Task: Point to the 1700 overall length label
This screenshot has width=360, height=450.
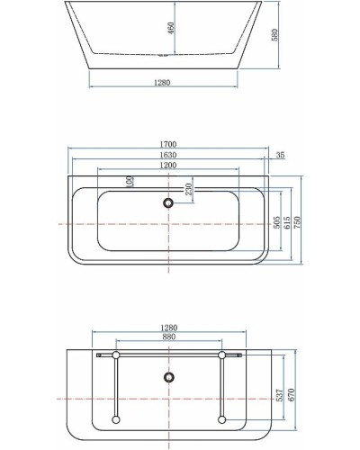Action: (x=168, y=144)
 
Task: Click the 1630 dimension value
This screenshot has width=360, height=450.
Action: (x=168, y=154)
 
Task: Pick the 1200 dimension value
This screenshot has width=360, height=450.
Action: (x=168, y=165)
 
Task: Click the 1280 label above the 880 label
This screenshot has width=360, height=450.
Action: (x=168, y=328)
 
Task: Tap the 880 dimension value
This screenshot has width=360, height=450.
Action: (x=168, y=337)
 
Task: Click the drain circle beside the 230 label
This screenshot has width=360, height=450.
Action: (x=168, y=203)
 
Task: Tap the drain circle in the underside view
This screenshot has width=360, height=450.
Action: (x=168, y=376)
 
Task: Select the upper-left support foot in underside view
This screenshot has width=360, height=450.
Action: (x=115, y=356)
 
